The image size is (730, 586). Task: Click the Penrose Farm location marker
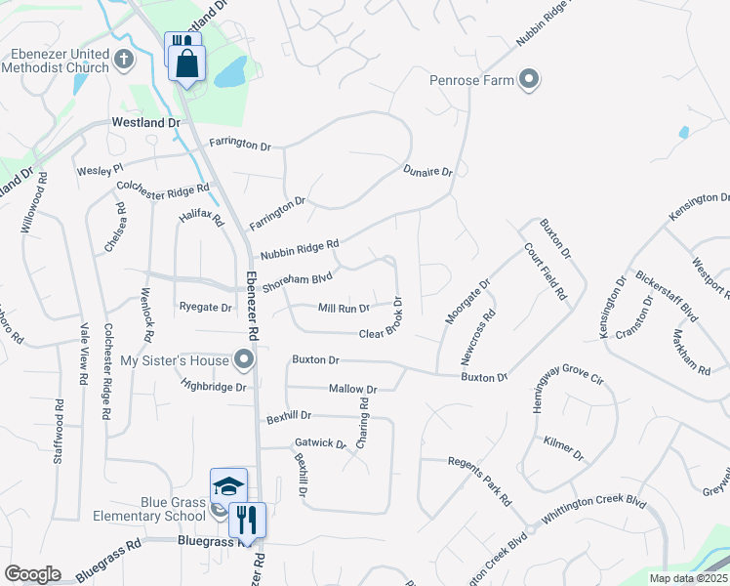tap(529, 79)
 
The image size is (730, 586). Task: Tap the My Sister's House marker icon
tap(245, 360)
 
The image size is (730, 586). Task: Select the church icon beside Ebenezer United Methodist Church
tap(124, 60)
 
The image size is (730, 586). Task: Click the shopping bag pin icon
tap(187, 64)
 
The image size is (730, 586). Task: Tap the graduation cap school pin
tap(228, 485)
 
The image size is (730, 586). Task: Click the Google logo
tap(32, 574)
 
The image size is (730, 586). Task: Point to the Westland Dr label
tap(146, 123)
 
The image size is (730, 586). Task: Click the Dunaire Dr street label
tap(428, 172)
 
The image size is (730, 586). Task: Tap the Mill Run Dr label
tap(344, 308)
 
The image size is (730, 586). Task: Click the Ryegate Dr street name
tap(205, 308)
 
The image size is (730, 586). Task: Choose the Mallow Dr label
tap(352, 389)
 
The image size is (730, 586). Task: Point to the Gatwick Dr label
tap(320, 443)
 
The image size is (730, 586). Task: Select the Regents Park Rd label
tap(479, 480)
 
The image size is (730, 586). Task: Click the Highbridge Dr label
tap(215, 386)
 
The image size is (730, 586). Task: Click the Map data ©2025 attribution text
tap(688, 578)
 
